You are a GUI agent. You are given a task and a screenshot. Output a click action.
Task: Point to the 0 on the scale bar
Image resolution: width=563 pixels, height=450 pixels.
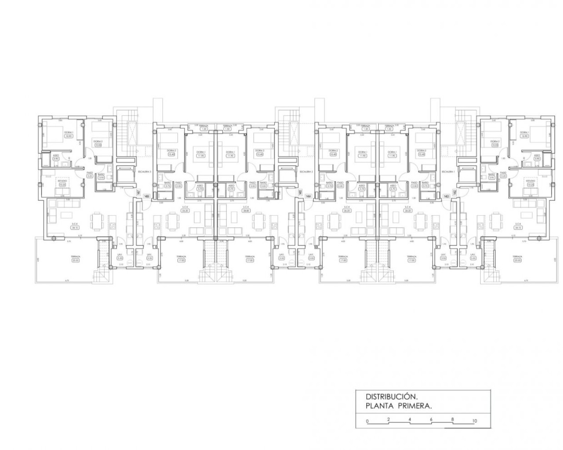coord(367,421)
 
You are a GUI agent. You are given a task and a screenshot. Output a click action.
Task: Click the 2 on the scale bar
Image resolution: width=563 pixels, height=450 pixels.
coord(388,419)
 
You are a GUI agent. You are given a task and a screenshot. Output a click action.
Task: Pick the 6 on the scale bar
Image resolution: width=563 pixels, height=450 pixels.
coord(431,419)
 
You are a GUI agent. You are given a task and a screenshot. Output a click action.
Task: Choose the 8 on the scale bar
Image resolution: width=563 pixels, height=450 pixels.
coord(452,419)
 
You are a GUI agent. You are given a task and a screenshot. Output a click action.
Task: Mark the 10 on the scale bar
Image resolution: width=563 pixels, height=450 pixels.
coord(474,421)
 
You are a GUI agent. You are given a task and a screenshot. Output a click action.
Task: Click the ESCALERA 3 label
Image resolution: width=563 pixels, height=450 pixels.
coord(144,171)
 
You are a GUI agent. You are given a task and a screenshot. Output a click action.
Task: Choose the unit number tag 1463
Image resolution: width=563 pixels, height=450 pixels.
coord(446,196)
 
